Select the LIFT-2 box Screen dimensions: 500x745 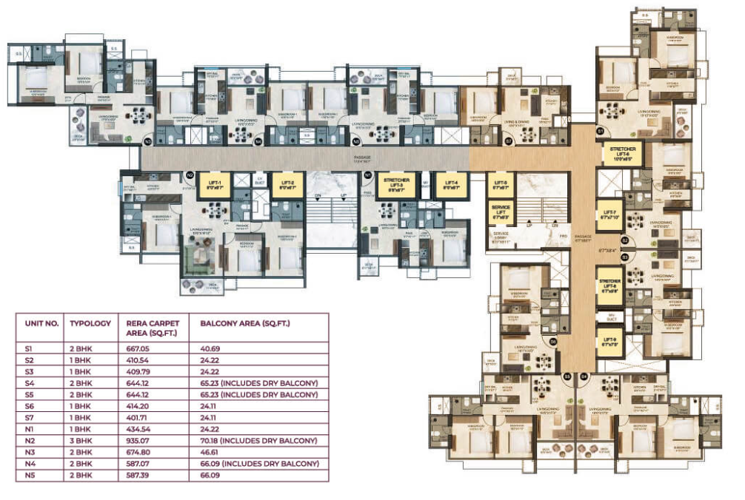(x=287, y=184)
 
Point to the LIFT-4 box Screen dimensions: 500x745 (x=450, y=184)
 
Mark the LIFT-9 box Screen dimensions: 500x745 (x=609, y=341)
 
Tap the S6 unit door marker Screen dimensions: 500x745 (x=552, y=341)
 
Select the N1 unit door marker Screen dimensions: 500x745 (x=368, y=175)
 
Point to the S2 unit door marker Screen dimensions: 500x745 (x=624, y=240)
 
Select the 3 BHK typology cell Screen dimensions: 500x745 (x=82, y=440)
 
